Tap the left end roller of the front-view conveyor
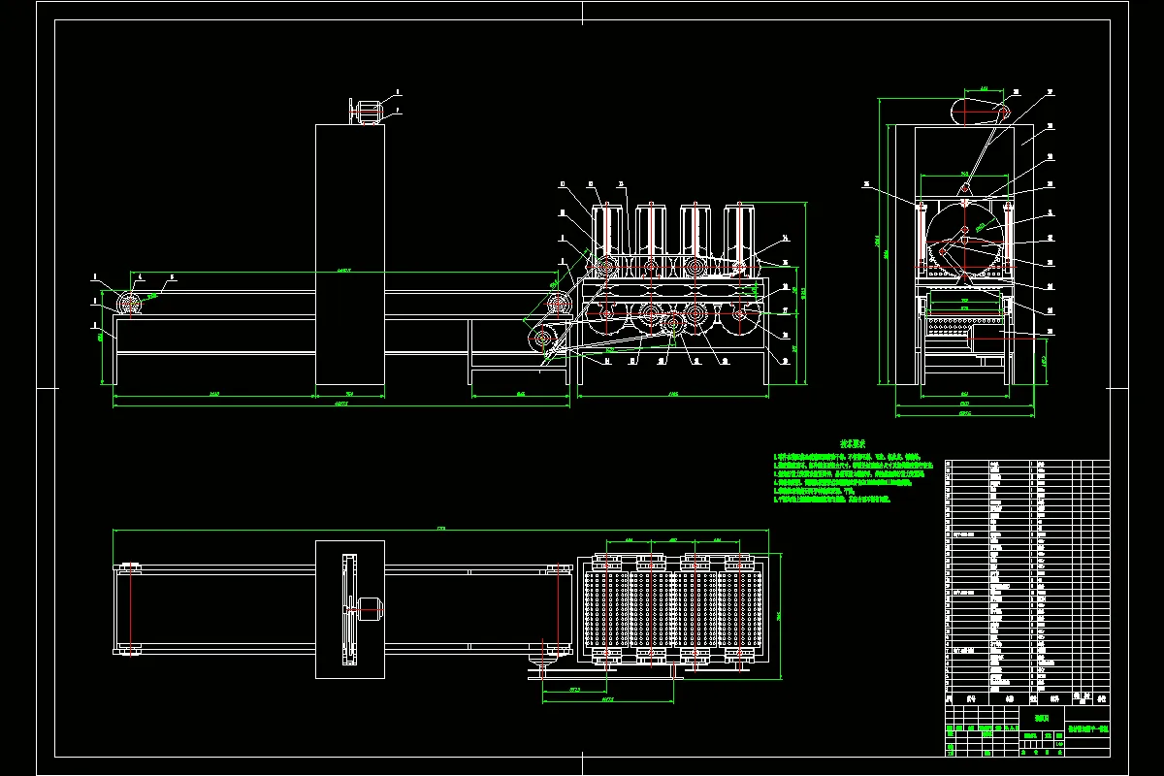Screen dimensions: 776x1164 point(130,304)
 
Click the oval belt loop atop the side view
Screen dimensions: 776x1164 point(981,113)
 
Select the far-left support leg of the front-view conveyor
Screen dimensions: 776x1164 point(115,361)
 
